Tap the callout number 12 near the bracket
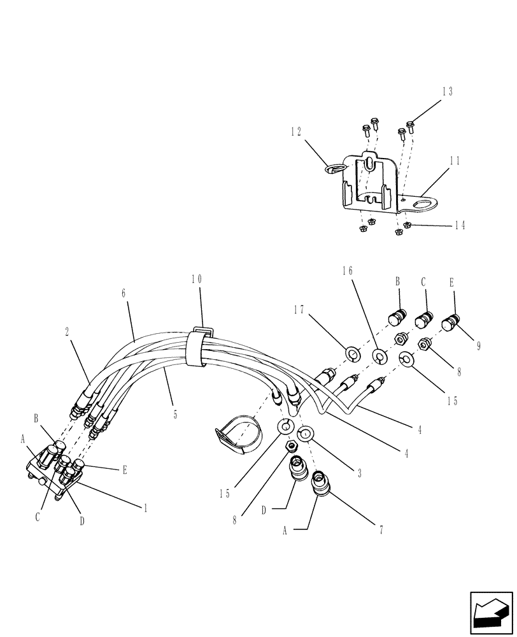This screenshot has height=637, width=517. (295, 132)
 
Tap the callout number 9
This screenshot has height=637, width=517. (478, 346)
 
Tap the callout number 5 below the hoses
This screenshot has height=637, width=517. (174, 415)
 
